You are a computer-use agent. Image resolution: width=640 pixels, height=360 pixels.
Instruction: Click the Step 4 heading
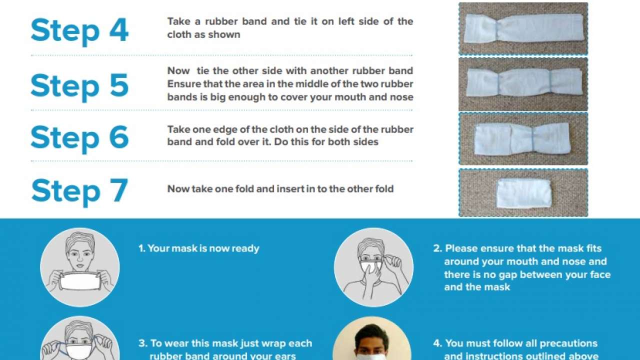click(x=79, y=31)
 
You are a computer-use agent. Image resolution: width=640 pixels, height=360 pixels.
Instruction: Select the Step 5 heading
click(x=79, y=85)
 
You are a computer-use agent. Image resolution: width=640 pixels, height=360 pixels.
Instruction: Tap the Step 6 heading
click(x=79, y=137)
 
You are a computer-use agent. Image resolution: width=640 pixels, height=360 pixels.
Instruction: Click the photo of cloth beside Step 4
click(x=523, y=28)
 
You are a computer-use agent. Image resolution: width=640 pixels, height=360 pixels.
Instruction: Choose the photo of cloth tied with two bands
click(x=523, y=84)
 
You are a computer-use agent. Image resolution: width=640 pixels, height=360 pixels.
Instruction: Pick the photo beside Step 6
click(x=523, y=138)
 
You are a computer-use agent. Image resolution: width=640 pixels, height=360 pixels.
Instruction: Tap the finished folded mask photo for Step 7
click(x=523, y=193)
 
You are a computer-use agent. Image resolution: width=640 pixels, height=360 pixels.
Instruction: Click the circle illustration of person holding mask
click(x=79, y=267)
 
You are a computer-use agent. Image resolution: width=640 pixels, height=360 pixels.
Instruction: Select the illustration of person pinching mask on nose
click(x=373, y=267)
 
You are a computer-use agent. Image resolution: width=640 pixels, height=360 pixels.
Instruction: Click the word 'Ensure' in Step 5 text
click(x=182, y=84)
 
